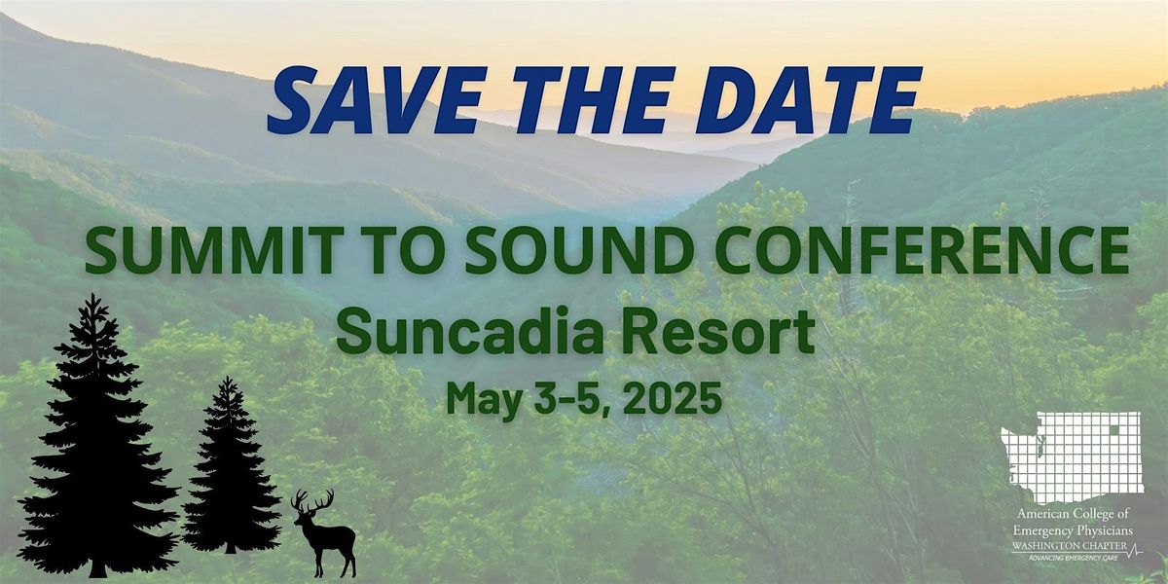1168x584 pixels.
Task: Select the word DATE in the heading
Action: point(808,99)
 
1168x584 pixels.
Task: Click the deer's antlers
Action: point(312,500)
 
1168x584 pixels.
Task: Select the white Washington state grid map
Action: point(1073,457)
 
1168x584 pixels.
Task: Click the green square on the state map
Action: point(1114,429)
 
